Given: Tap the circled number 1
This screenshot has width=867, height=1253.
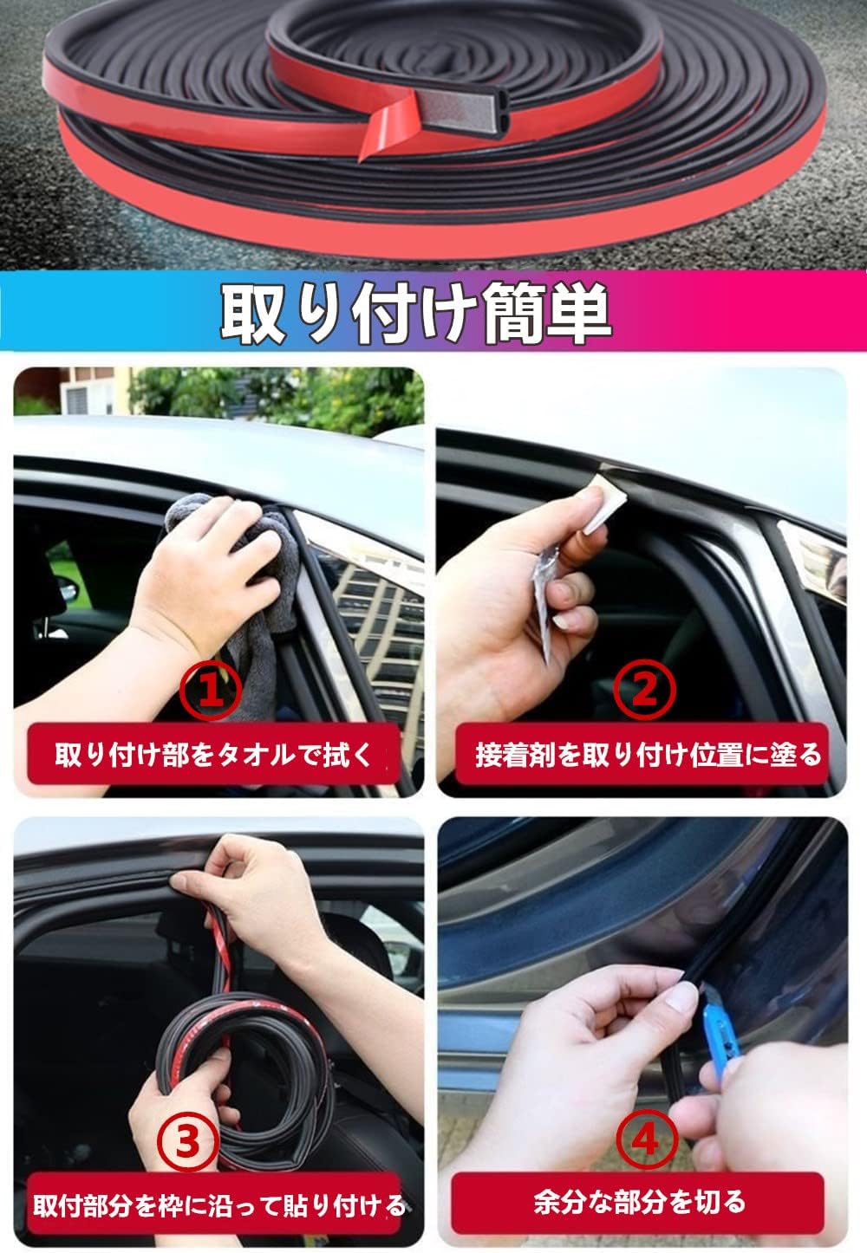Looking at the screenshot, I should (x=209, y=689).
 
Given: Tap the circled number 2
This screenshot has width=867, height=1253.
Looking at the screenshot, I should (x=642, y=689).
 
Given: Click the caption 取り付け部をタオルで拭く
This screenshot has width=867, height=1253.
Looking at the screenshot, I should (x=213, y=754).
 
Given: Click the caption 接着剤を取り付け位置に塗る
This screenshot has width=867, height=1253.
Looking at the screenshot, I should (x=647, y=754).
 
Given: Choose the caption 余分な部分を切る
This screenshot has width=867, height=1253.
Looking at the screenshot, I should (x=639, y=1202).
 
